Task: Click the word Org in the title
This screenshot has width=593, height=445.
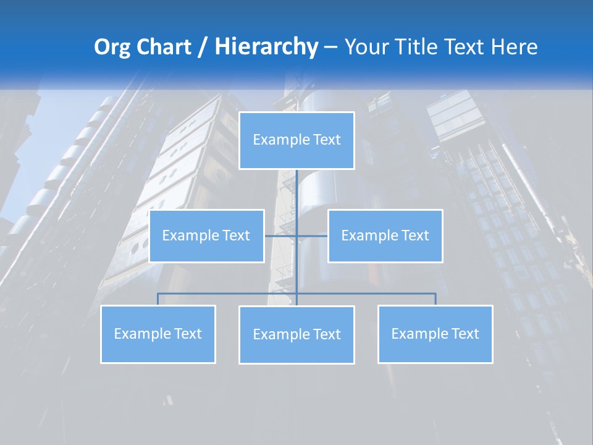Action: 112,47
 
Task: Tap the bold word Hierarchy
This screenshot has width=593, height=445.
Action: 266,47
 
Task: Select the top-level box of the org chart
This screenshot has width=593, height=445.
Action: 296,140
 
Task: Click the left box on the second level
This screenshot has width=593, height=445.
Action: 206,235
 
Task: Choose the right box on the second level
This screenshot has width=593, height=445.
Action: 385,235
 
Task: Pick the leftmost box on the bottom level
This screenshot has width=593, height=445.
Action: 158,334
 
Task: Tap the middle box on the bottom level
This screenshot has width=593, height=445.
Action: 296,334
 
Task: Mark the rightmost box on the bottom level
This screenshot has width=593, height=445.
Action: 435,334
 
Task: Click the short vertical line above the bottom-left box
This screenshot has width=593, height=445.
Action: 158,299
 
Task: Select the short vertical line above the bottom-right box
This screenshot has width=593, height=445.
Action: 435,299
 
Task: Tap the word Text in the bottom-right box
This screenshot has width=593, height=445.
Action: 464,334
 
